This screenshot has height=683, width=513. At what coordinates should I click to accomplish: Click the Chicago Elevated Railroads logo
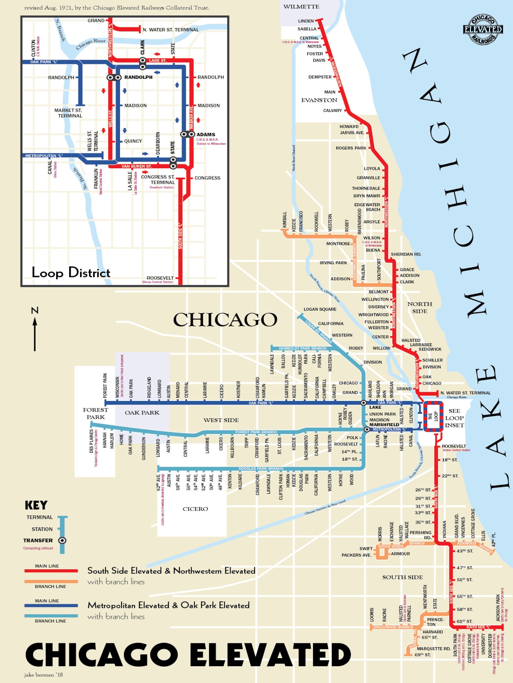tap(483, 29)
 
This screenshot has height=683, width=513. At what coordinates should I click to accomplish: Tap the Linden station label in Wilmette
tap(306, 21)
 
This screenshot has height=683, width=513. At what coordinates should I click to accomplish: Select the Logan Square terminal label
tap(320, 309)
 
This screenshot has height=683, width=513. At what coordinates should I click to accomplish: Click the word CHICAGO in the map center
tap(225, 319)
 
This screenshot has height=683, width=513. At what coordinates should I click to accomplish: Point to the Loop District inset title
tap(71, 273)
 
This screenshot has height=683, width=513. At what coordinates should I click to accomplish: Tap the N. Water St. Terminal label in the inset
tap(171, 30)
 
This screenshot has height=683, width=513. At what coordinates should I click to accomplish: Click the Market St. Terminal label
tap(68, 113)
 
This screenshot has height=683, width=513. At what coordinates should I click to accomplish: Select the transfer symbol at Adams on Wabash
tap(187, 134)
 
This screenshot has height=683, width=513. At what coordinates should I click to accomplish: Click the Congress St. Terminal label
tap(158, 179)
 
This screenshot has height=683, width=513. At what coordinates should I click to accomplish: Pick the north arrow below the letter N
tap(35, 334)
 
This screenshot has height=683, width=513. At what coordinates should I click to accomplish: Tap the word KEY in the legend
tap(36, 505)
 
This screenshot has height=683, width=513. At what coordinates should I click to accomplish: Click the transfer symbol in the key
tap(62, 540)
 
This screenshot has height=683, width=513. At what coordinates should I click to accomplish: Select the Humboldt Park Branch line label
tap(302, 348)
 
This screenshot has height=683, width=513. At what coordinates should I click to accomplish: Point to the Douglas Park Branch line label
tap(261, 468)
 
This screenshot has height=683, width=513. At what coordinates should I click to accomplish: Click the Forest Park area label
tap(95, 413)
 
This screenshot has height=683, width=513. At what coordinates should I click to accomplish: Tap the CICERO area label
tap(195, 509)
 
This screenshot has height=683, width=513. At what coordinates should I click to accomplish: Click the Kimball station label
tap(285, 220)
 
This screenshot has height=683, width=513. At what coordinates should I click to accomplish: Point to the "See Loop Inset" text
tap(454, 418)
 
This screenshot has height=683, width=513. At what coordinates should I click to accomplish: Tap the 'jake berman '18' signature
tap(43, 675)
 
